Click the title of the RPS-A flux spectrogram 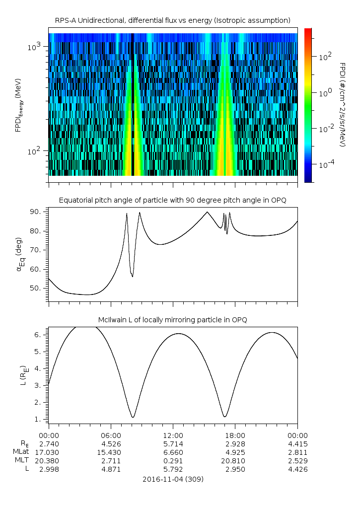coord(172,20)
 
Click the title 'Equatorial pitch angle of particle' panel coord(172,200)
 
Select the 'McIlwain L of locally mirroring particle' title coord(172,319)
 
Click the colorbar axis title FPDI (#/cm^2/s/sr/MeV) coord(343,104)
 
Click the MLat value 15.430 coord(110,452)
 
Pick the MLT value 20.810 coord(235,461)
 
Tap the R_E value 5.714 coord(172,444)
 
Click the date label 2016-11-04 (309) coord(172,479)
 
